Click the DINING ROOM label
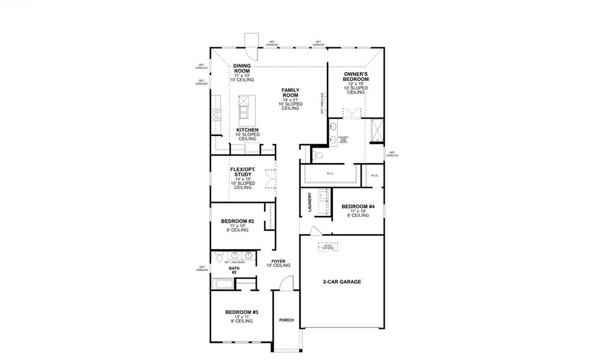pyautogui.click(x=242, y=66)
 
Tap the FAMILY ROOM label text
pyautogui.click(x=290, y=92)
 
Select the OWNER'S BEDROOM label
pyautogui.click(x=355, y=76)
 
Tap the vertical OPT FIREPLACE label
pyautogui.click(x=322, y=103)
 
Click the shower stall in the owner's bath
pyautogui.click(x=378, y=130)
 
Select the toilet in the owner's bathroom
pyautogui.click(x=318, y=155)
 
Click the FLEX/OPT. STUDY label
pyautogui.click(x=242, y=172)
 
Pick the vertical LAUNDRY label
pyautogui.click(x=309, y=202)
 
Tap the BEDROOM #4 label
pyautogui.click(x=358, y=207)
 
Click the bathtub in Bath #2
pyautogui.click(x=224, y=284)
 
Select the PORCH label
pyautogui.click(x=286, y=320)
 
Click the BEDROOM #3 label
pyautogui.click(x=242, y=312)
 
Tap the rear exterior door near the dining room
pyautogui.click(x=251, y=46)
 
